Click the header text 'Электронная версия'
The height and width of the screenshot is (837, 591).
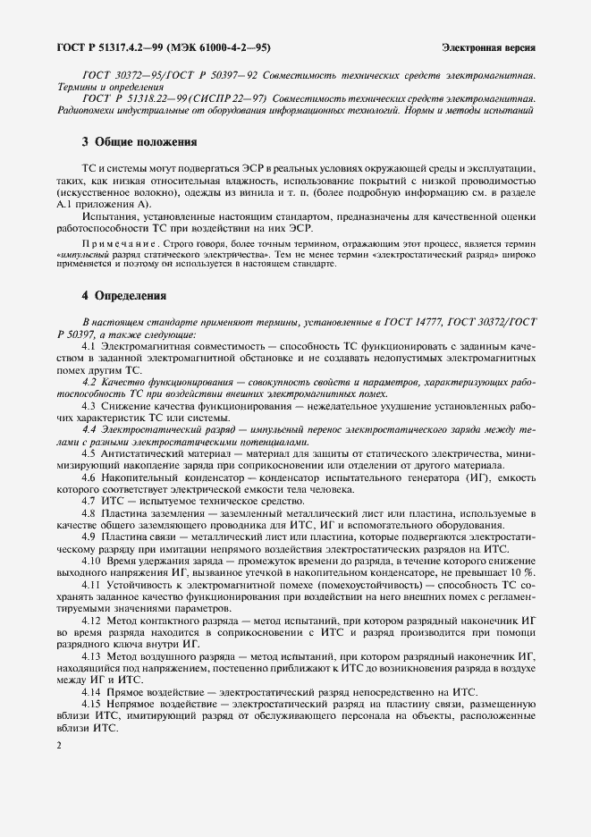489,46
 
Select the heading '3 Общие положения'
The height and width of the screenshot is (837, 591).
139,142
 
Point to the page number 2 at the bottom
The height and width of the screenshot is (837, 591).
58,745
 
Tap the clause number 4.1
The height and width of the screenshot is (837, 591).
89,345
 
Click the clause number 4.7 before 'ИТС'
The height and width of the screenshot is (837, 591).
89,503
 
